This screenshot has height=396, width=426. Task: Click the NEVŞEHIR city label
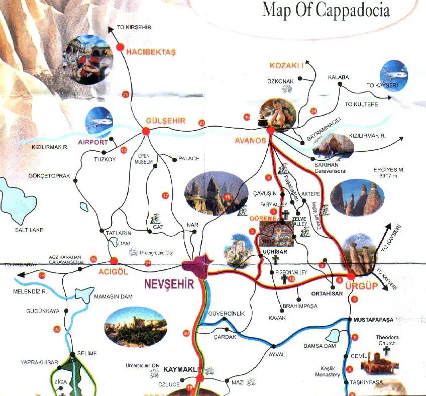(169, 284)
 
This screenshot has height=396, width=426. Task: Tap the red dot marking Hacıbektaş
(121, 47)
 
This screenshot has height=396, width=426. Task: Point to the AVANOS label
(250, 141)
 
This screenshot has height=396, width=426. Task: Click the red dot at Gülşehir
(146, 131)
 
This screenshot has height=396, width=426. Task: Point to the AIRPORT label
(93, 142)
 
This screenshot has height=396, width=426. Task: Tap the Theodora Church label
(386, 340)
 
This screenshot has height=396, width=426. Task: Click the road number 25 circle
(125, 94)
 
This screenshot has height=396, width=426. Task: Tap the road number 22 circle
(56, 329)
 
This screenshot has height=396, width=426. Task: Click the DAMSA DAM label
(319, 346)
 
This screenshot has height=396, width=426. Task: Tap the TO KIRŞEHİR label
(134, 27)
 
